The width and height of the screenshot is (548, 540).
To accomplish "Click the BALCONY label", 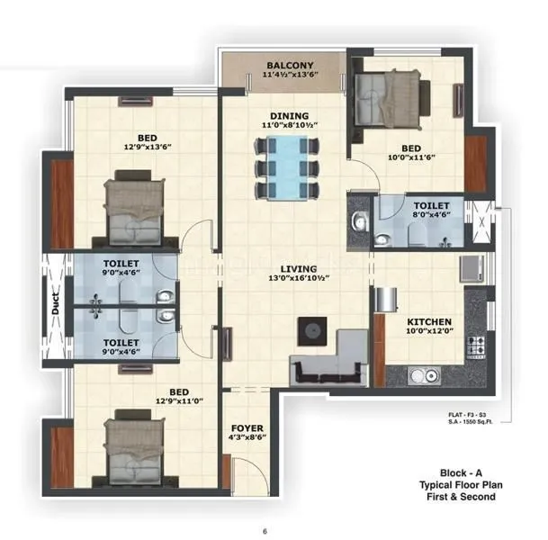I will [290, 66].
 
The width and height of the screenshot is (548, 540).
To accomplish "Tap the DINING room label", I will [289, 116].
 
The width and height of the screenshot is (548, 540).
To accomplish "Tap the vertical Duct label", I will [55, 305].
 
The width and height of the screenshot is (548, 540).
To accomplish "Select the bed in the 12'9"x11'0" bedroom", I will [135, 448].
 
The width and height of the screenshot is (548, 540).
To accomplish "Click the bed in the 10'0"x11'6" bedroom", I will [387, 97].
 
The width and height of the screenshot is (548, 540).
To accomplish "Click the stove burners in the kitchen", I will [475, 346].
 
